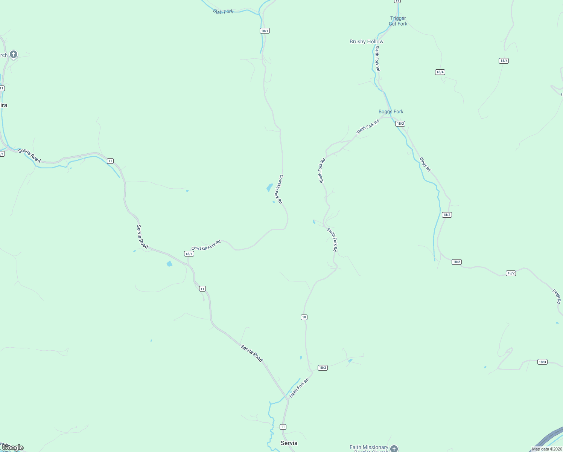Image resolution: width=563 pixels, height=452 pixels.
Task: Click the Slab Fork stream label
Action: [223, 12]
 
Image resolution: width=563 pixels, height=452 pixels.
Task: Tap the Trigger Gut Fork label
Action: [398, 21]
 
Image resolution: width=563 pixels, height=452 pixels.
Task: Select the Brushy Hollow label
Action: [366, 41]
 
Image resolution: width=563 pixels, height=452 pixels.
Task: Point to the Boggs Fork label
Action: [391, 111]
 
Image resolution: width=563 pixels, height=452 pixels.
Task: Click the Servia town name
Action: [289, 443]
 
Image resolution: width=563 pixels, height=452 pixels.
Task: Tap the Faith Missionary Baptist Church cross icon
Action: [394, 448]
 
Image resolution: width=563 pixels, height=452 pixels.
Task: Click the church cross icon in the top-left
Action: [14, 55]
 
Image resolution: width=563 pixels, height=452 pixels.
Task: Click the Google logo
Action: [12, 447]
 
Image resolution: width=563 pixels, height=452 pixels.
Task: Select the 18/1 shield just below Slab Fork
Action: [265, 31]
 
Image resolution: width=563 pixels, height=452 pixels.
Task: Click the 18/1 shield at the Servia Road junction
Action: [189, 254]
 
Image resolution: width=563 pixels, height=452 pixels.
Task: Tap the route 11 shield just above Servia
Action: [283, 427]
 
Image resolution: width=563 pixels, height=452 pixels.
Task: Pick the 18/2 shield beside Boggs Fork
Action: [400, 124]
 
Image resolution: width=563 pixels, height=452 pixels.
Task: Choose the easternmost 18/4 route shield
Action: [504, 61]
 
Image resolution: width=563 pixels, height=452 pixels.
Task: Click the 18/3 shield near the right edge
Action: [542, 362]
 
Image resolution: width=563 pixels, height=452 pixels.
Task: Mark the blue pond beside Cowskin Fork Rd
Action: [269, 188]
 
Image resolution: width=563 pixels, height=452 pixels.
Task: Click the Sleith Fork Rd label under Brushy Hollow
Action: [377, 58]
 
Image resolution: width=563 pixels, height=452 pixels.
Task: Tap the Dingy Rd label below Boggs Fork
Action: [425, 165]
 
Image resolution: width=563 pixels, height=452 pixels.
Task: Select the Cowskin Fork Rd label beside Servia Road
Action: [206, 245]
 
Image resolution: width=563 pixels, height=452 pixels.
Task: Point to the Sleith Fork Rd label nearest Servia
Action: [299, 388]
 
